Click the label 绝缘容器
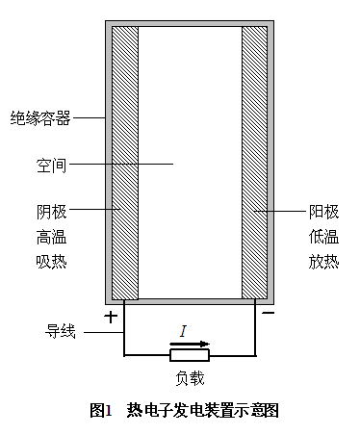(40, 117)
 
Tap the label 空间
(51, 166)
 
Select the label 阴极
(51, 212)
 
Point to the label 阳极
(323, 212)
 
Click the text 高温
(51, 238)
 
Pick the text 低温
(323, 237)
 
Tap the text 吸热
(51, 262)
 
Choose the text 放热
(323, 262)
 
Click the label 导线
(61, 331)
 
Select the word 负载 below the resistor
(190, 378)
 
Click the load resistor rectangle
(190, 355)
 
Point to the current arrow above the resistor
(190, 345)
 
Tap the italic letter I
(183, 331)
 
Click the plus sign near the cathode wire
(111, 318)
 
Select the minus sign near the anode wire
(269, 313)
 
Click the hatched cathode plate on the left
(125, 163)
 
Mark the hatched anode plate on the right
(254, 163)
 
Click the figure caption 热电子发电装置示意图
(202, 410)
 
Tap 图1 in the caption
(100, 410)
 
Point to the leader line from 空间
(121, 164)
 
